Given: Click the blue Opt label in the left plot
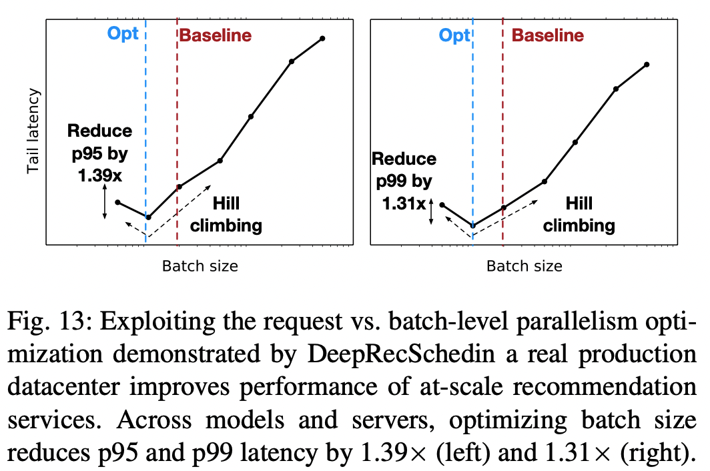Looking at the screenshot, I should (x=123, y=34).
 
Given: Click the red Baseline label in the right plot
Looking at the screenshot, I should (x=548, y=35).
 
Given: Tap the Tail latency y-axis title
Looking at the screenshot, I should (x=33, y=132).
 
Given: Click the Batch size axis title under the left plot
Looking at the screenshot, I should (x=200, y=266).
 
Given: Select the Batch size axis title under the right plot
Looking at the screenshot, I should (x=524, y=266).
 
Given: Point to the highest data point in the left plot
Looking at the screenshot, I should (x=322, y=38).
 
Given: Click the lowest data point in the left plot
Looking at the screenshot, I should (x=148, y=217).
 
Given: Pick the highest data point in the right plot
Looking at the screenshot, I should (x=647, y=64).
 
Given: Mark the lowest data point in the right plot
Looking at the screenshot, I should (x=472, y=226).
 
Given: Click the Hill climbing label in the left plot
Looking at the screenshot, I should (x=226, y=214).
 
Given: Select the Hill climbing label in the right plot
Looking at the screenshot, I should (x=579, y=214).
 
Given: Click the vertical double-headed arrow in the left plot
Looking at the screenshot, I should (x=105, y=203).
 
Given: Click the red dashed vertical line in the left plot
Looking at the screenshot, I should (x=177, y=133).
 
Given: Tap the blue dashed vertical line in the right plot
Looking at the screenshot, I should (x=472, y=133).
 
